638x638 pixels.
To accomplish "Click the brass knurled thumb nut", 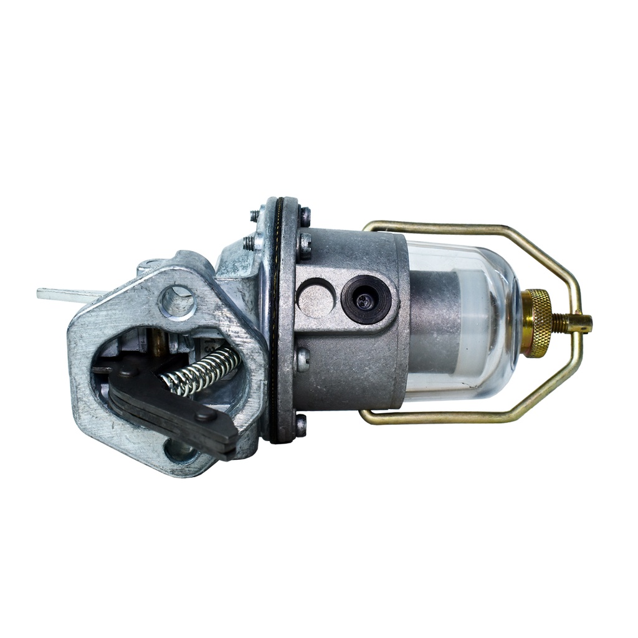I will pyautogui.click(x=536, y=323).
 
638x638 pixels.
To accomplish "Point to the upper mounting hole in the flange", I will pyautogui.click(x=178, y=302).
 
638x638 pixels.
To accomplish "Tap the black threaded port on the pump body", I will pyautogui.click(x=366, y=300).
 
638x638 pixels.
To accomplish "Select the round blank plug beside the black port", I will pyautogui.click(x=316, y=298).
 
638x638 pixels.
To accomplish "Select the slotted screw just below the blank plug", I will pyautogui.click(x=302, y=359).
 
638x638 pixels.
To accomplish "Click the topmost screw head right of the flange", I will pyautogui.click(x=304, y=216).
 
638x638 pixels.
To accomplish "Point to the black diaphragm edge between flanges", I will pyautogui.click(x=274, y=324).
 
